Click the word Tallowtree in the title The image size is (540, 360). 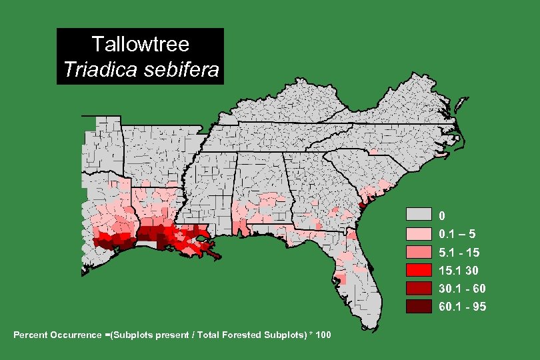[141, 45]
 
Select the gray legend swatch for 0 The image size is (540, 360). [419, 215]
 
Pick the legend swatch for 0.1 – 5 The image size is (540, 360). [419, 233]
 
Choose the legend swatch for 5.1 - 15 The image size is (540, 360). [419, 252]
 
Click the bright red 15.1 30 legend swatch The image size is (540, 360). [419, 270]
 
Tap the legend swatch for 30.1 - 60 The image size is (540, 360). [419, 288]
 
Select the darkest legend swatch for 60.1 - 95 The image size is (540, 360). [419, 306]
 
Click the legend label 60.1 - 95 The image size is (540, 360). [462, 307]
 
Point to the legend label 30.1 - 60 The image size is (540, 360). [462, 289]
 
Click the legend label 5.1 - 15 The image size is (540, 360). [459, 253]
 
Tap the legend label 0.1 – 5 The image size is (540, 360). [457, 234]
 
